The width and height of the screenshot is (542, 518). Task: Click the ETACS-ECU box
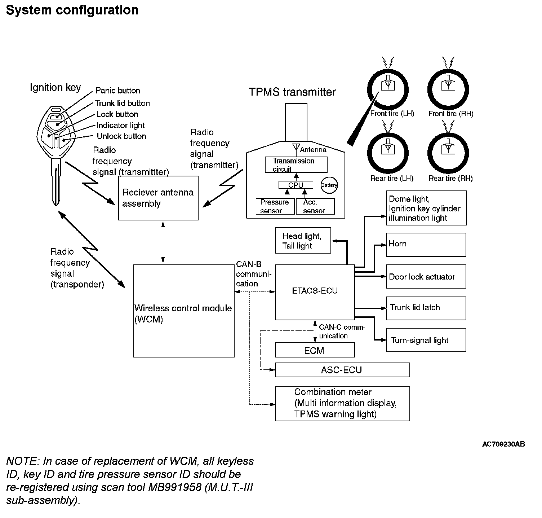tap(315, 292)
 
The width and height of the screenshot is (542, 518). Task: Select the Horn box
tap(426, 245)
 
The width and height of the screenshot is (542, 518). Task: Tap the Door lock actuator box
tap(426, 277)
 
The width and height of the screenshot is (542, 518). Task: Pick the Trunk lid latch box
tap(426, 308)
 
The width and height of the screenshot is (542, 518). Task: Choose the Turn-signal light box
tap(426, 340)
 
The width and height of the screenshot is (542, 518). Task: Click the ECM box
tap(315, 350)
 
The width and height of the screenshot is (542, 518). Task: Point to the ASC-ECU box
tap(342, 370)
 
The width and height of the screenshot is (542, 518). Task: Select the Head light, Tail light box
tap(303, 241)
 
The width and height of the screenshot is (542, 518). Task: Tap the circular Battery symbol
tap(329, 185)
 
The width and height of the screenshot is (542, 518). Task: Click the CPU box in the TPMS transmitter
tap(296, 185)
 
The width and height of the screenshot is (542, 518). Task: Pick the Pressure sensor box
tap(275, 206)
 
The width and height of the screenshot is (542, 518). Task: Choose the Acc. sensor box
tap(315, 206)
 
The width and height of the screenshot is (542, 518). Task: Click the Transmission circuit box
tap(296, 164)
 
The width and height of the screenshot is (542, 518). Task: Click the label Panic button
tap(117, 91)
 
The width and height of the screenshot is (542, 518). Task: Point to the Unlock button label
tap(121, 136)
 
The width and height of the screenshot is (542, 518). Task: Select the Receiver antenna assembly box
tap(158, 198)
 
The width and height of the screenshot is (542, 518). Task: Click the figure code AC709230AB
tap(503, 444)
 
